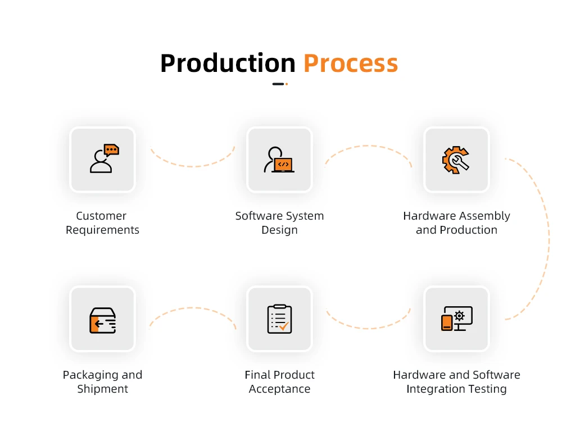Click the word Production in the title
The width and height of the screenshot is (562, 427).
(x=228, y=63)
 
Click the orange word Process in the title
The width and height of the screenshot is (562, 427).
(x=351, y=63)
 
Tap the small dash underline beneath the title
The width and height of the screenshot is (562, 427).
(x=280, y=84)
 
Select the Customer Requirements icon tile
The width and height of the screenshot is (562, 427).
(x=102, y=160)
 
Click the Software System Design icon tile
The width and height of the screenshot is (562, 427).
(x=279, y=160)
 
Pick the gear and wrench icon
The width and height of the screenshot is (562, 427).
(x=456, y=160)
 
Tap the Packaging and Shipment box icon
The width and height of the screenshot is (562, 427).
(x=102, y=319)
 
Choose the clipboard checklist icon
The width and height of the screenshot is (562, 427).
(x=279, y=319)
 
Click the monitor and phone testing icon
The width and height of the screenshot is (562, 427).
(x=456, y=319)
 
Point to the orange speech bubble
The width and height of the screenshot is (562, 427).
(x=111, y=150)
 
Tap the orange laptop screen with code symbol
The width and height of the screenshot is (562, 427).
(x=283, y=165)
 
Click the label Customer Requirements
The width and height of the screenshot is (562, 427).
(x=102, y=223)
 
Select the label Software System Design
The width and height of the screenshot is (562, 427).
(x=279, y=223)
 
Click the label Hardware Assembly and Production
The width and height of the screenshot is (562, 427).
(x=456, y=223)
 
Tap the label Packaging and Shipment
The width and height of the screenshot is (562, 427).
(x=102, y=382)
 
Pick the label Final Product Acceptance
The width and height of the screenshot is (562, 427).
(x=279, y=382)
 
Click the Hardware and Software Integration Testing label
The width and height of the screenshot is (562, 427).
(x=456, y=382)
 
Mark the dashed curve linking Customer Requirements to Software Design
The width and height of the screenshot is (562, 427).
(x=193, y=166)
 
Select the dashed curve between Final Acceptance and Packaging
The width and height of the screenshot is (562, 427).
(x=193, y=308)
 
